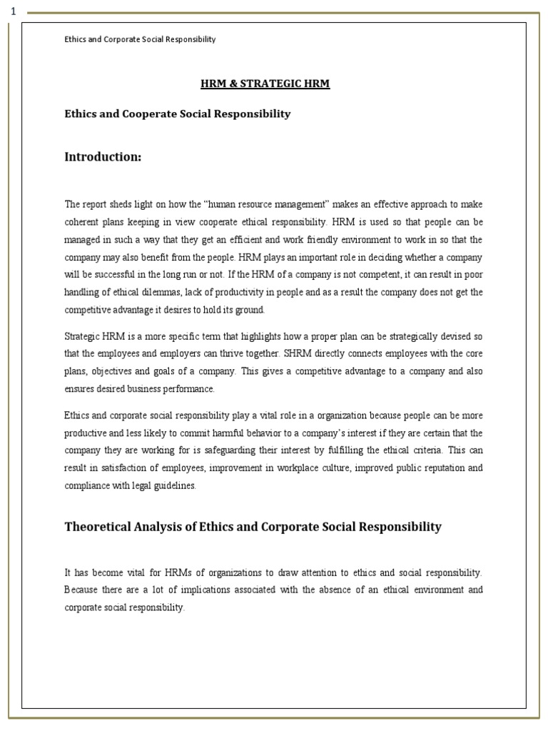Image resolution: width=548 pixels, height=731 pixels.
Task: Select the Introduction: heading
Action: tap(103, 157)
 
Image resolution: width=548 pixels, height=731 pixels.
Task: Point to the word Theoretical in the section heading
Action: tap(101, 527)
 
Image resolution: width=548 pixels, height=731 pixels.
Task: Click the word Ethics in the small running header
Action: tap(75, 39)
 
